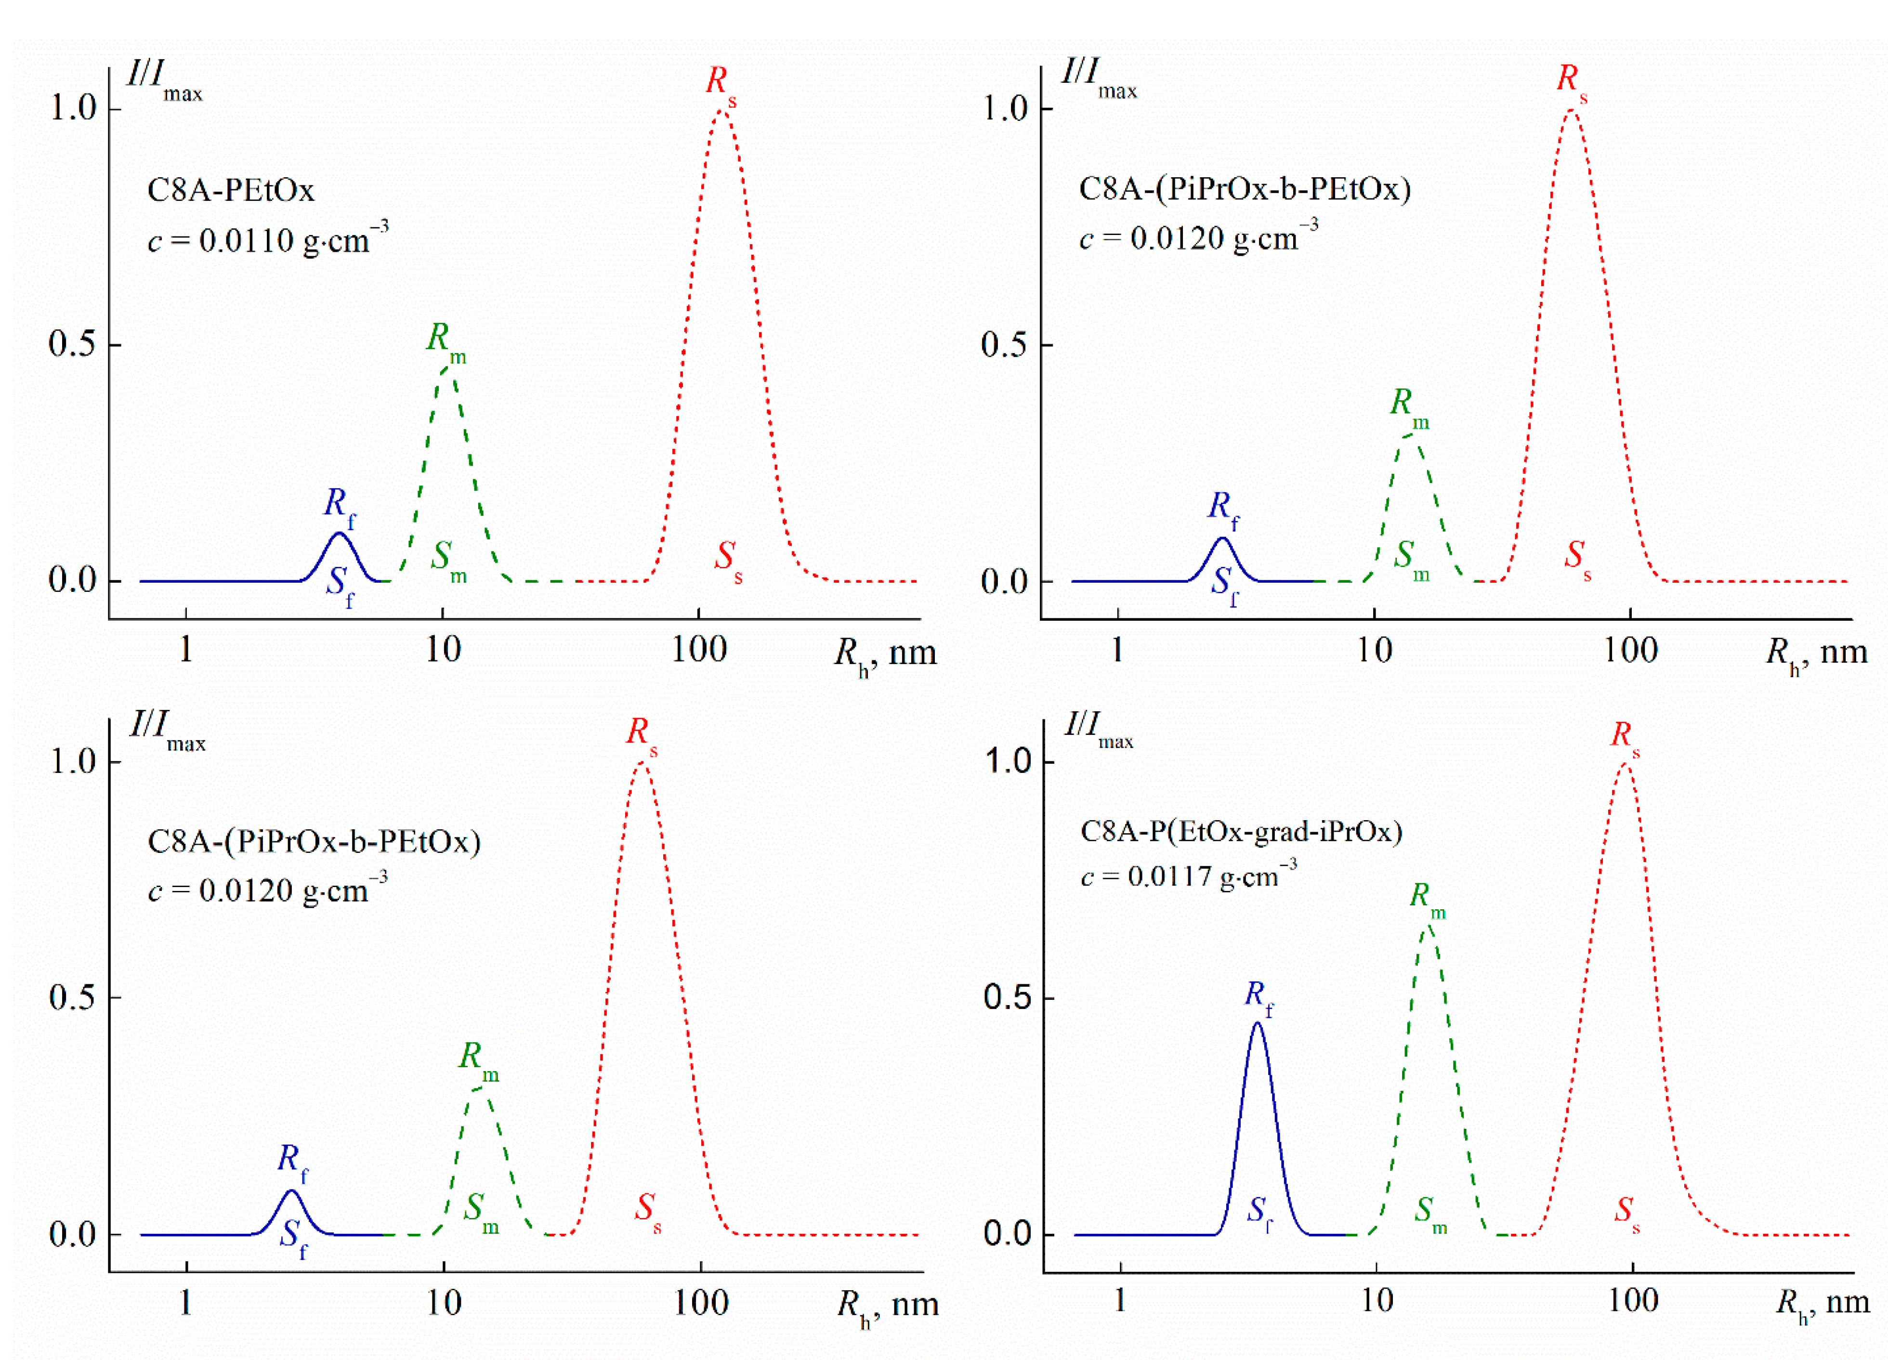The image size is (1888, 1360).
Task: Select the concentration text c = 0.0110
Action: coord(266,240)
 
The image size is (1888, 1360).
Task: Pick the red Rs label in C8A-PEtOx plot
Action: coord(720,83)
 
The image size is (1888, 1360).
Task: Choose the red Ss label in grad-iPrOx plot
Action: coord(1626,1212)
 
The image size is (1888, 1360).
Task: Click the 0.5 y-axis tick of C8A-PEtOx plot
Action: coord(72,344)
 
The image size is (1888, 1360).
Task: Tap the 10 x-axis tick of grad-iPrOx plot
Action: coord(1377,1301)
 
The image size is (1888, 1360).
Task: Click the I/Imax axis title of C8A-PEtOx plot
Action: coord(164,79)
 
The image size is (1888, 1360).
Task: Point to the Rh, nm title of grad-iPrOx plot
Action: coord(1822,1303)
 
